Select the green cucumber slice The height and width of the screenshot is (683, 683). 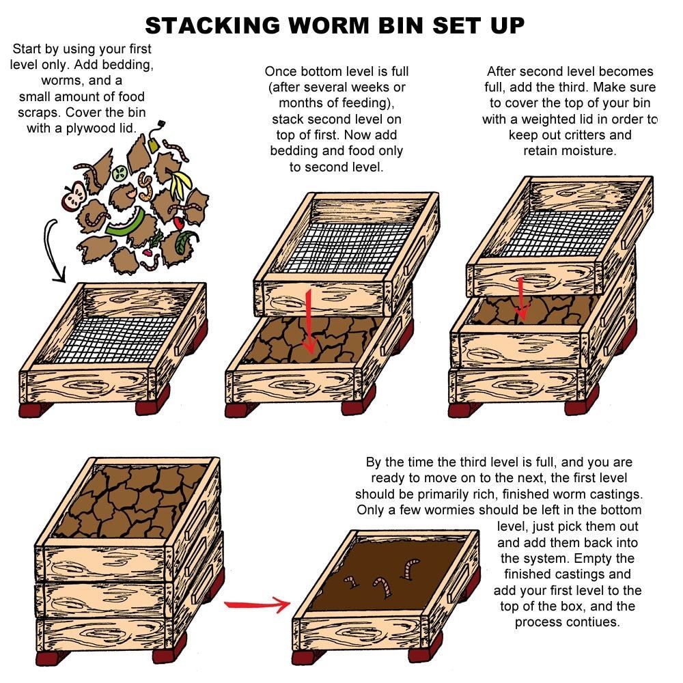click(120, 173)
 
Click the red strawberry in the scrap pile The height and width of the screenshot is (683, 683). click(178, 223)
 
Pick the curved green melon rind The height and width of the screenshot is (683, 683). click(126, 223)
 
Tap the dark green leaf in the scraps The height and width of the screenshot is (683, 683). click(185, 242)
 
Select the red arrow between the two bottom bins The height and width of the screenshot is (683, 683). click(257, 604)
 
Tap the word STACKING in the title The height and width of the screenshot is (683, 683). click(213, 25)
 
